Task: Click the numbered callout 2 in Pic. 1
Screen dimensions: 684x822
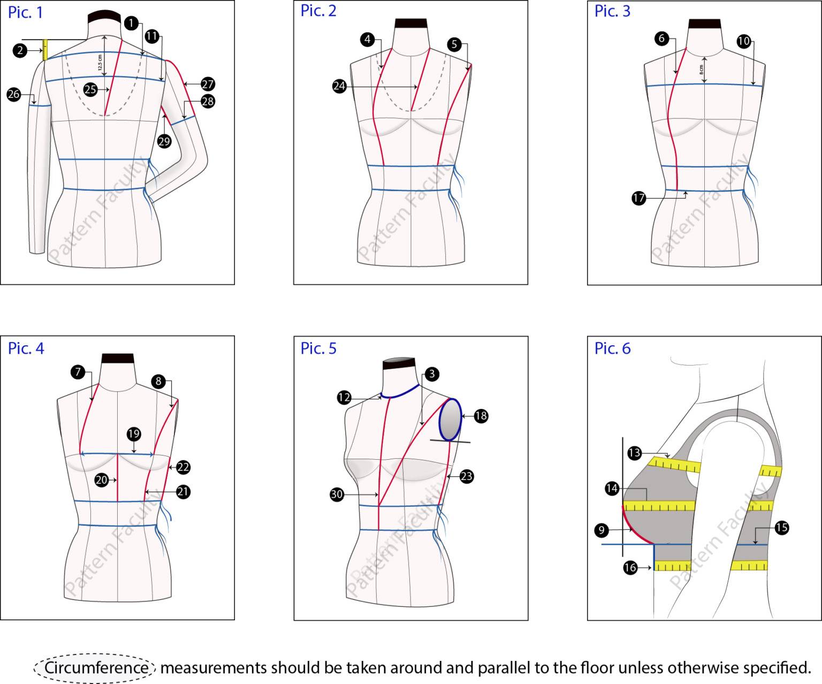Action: tap(20, 51)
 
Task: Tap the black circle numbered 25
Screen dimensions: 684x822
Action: tap(90, 89)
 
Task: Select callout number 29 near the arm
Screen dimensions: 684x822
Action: tap(164, 141)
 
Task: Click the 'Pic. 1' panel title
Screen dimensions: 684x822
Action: tap(25, 12)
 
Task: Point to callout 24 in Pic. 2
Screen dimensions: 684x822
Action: tap(340, 86)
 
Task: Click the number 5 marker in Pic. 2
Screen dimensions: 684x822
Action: tap(454, 44)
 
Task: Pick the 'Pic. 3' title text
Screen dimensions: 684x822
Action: tap(612, 11)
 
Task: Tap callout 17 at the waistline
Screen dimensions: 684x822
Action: tap(639, 198)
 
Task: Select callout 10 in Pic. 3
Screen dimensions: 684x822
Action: tap(744, 41)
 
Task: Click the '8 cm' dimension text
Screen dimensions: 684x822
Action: tap(701, 70)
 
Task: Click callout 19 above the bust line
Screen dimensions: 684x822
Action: tap(134, 434)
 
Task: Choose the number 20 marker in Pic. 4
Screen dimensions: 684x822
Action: tap(102, 480)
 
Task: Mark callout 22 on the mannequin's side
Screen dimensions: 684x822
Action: tap(184, 467)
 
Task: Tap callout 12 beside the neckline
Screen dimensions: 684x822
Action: tap(344, 398)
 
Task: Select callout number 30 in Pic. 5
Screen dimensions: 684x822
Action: tap(337, 495)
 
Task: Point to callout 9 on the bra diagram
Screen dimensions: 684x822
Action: tap(602, 530)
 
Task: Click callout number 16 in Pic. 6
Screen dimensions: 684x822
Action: tap(630, 567)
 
